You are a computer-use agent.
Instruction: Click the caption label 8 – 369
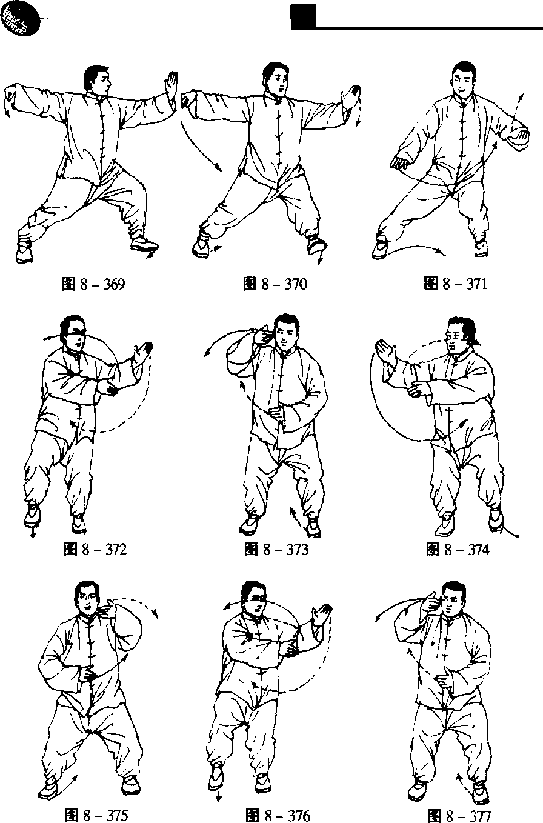click(x=93, y=284)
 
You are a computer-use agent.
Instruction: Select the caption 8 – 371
click(x=455, y=284)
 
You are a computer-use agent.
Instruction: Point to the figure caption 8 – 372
click(x=95, y=550)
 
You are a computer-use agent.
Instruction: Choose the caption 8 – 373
click(x=276, y=550)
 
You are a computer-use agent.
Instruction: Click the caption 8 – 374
click(x=458, y=550)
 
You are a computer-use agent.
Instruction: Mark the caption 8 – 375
click(x=96, y=815)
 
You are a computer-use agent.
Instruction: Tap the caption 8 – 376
click(x=278, y=815)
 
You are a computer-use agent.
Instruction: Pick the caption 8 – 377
click(x=459, y=815)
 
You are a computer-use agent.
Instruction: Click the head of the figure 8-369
click(x=96, y=81)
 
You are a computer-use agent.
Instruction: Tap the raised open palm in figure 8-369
click(x=171, y=86)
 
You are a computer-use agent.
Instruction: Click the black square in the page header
click(x=304, y=17)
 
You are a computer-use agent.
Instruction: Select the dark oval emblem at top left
click(x=20, y=19)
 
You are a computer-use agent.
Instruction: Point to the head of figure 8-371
click(x=464, y=79)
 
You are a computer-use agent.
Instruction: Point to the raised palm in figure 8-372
click(x=143, y=353)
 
